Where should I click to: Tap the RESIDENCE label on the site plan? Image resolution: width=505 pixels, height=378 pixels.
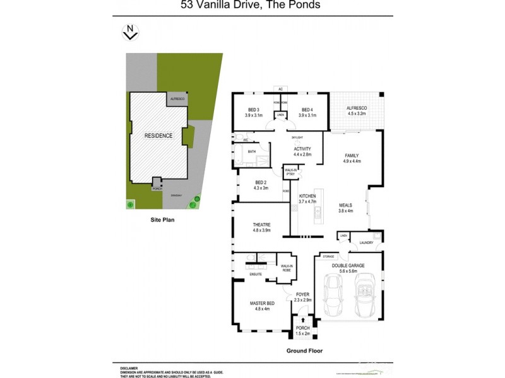[158, 135]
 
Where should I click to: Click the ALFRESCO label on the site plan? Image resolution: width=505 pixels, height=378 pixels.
[177, 100]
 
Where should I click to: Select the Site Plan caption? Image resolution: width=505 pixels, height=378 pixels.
[162, 220]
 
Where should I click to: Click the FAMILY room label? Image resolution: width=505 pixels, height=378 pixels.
[352, 155]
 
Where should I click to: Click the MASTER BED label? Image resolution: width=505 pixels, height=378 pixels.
[259, 304]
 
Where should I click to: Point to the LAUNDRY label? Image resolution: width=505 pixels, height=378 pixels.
[367, 243]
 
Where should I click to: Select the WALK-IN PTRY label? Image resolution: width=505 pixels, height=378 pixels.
[290, 171]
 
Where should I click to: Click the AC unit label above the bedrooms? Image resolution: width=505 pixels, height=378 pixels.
[280, 89]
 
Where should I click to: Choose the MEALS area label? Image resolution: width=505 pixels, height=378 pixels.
[345, 205]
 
